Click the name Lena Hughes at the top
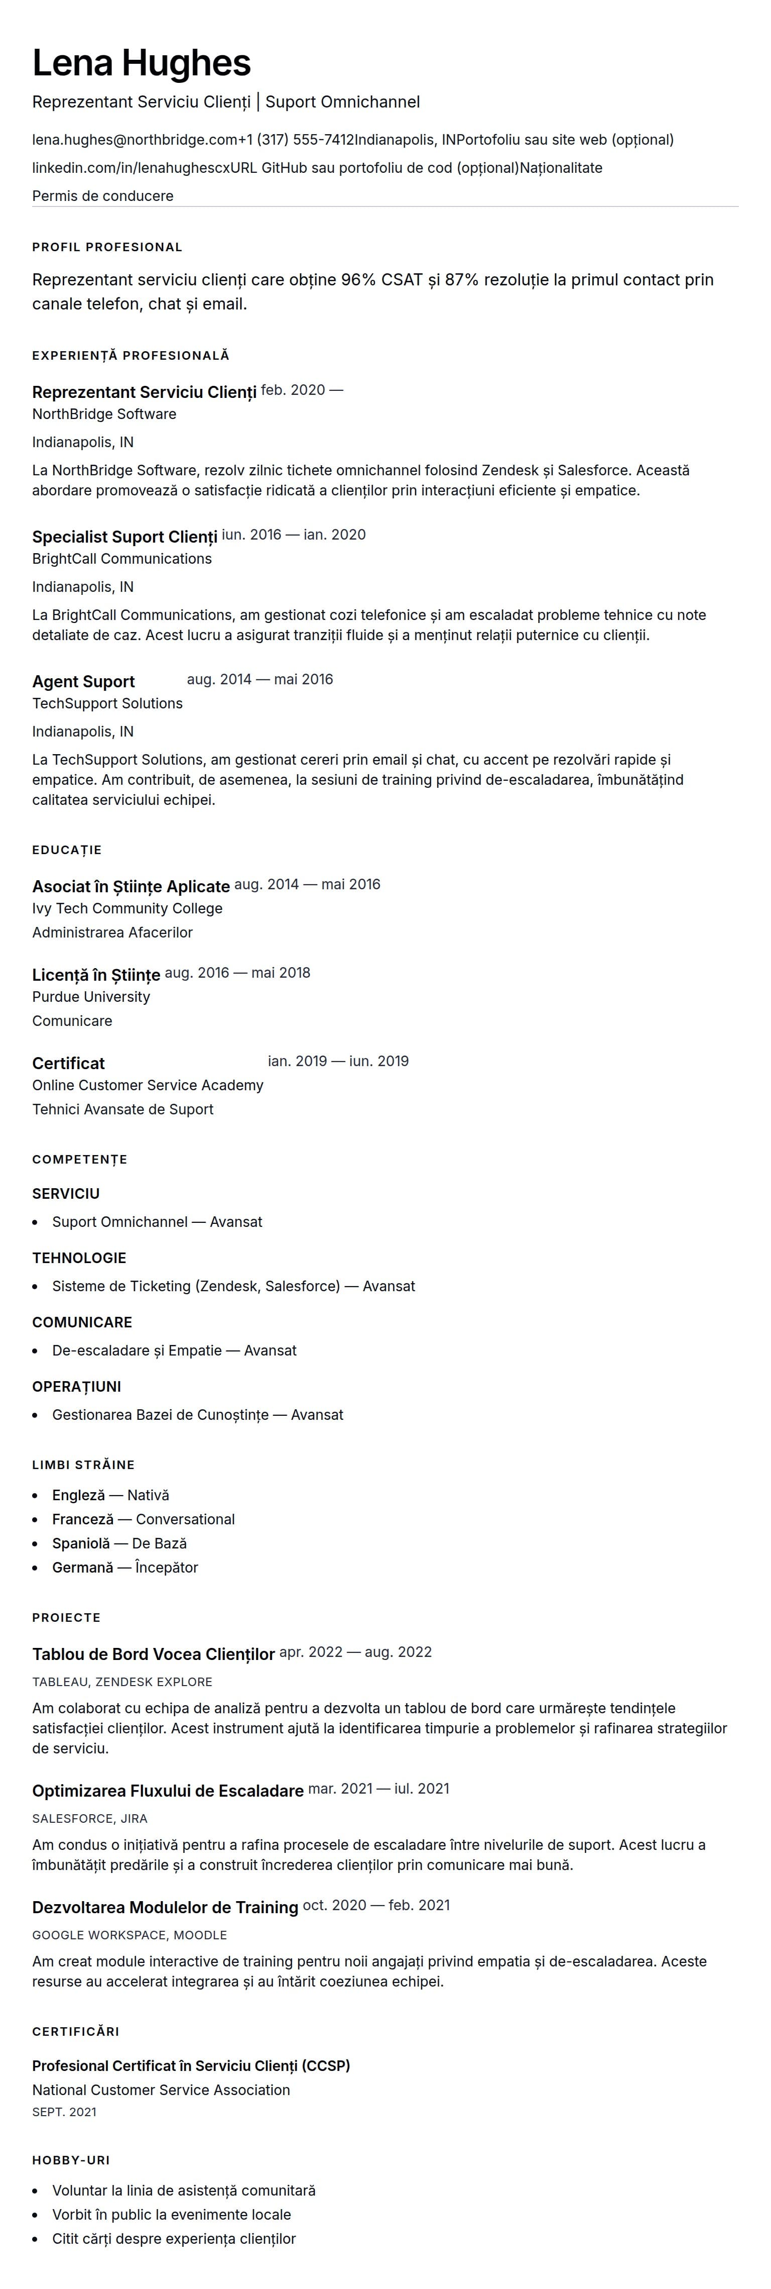pyautogui.click(x=141, y=63)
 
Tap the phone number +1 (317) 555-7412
pyautogui.click(x=296, y=140)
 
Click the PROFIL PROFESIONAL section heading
pyautogui.click(x=106, y=247)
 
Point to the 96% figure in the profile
pyautogui.click(x=358, y=280)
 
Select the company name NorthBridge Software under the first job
pyautogui.click(x=104, y=414)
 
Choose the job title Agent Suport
pyautogui.click(x=83, y=682)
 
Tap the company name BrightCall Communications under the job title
pyautogui.click(x=121, y=559)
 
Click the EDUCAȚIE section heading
pyautogui.click(x=67, y=850)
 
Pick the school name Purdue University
pyautogui.click(x=90, y=997)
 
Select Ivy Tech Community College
pyautogui.click(x=127, y=908)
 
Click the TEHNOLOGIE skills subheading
pyautogui.click(x=79, y=1258)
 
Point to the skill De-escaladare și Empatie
pyautogui.click(x=137, y=1350)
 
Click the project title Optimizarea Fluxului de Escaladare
pyautogui.click(x=168, y=1791)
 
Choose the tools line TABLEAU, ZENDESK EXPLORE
pyautogui.click(x=121, y=1682)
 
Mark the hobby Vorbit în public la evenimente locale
pyautogui.click(x=172, y=2214)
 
